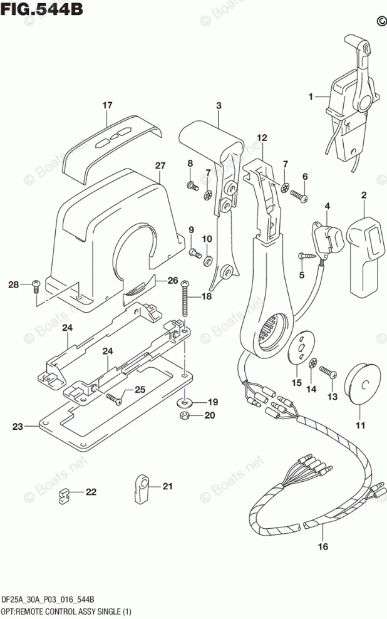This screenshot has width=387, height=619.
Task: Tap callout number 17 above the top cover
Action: (x=107, y=105)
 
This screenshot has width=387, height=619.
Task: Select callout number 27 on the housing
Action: (x=160, y=166)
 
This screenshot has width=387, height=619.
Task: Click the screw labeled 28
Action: (x=36, y=285)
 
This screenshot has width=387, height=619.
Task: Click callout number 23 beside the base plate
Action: (x=17, y=427)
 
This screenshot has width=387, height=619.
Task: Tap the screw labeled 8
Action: (x=192, y=185)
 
